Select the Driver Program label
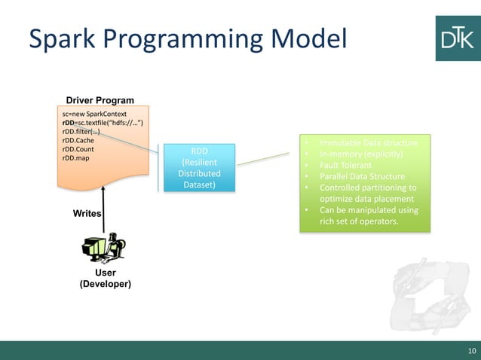click(x=100, y=100)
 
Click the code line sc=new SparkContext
click(x=94, y=114)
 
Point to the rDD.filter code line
click(x=81, y=131)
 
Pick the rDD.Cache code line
click(x=78, y=140)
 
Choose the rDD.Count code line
click(x=78, y=149)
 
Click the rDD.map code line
click(x=76, y=158)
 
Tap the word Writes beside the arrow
click(x=87, y=214)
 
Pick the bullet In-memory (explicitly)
click(x=361, y=154)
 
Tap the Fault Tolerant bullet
click(x=348, y=166)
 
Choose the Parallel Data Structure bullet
click(x=362, y=177)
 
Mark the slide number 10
click(x=472, y=351)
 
